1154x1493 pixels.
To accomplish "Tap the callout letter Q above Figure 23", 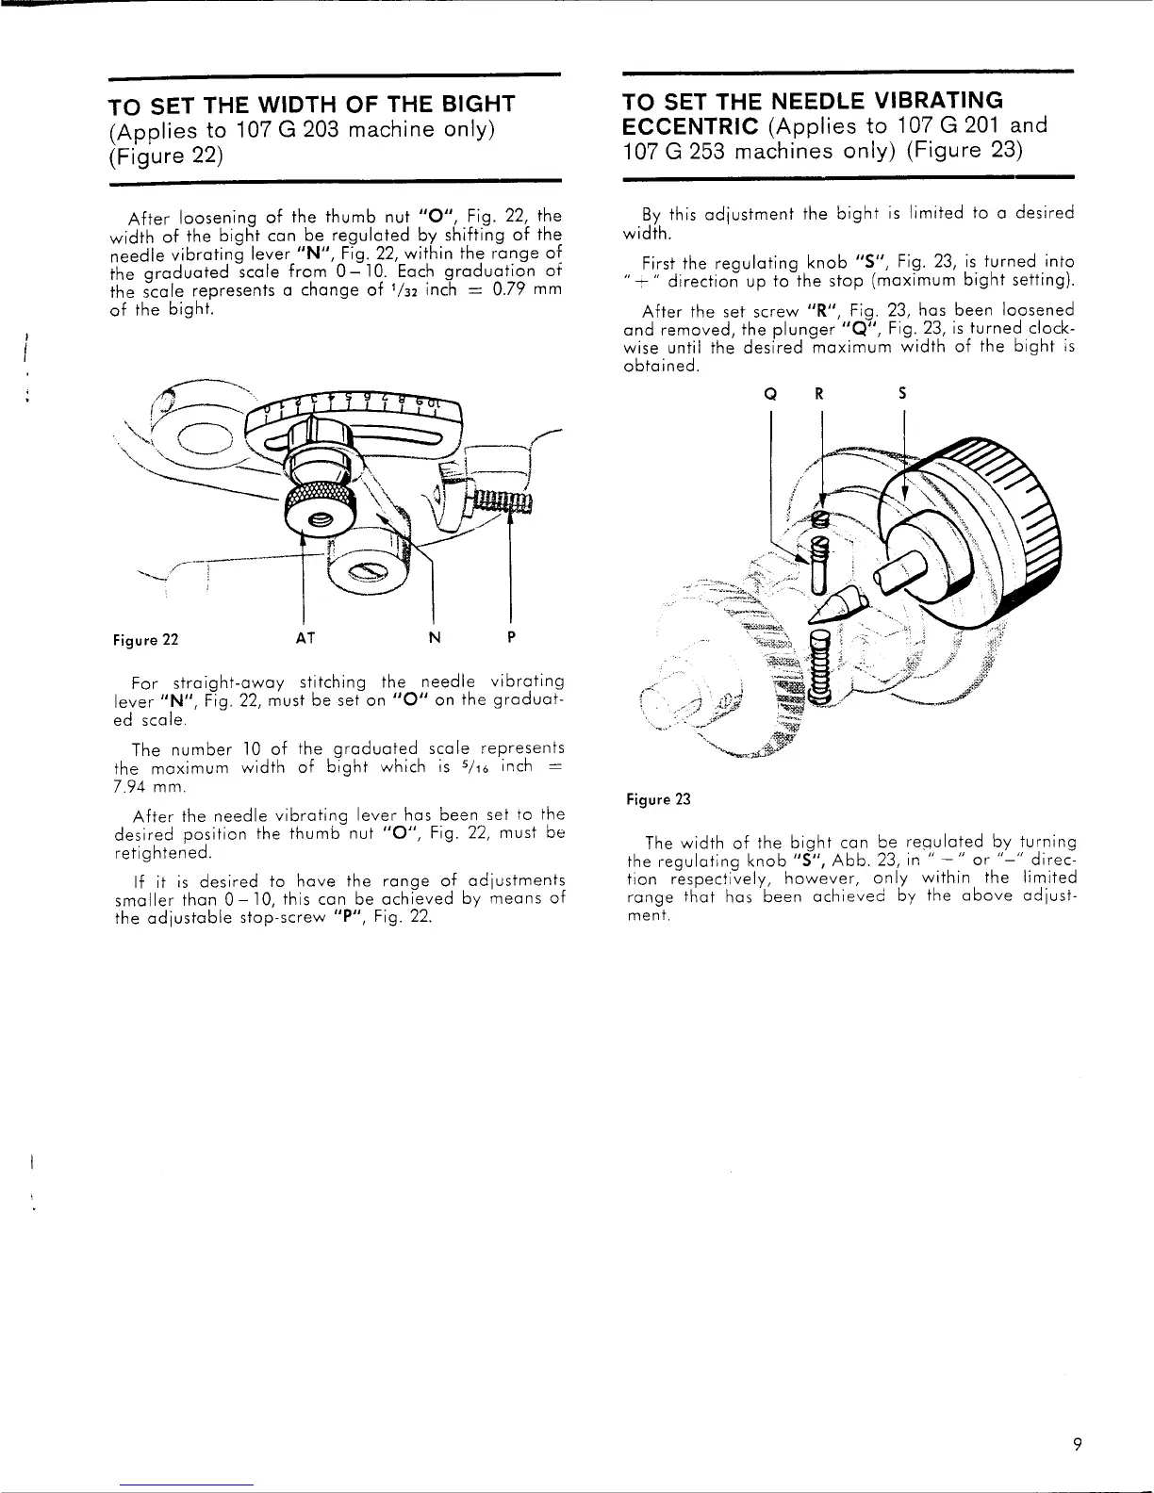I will click(x=770, y=396).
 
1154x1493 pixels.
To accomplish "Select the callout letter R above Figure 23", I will click(x=819, y=396).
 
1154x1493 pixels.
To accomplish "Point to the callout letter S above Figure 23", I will click(x=902, y=396).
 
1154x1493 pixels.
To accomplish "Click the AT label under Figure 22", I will click(x=305, y=638).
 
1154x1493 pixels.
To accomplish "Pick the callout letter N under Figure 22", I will click(x=434, y=638).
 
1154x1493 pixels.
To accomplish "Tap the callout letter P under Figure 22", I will click(x=510, y=638).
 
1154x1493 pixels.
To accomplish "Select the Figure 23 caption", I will click(x=658, y=799).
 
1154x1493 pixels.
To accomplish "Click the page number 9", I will click(x=1075, y=1443).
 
